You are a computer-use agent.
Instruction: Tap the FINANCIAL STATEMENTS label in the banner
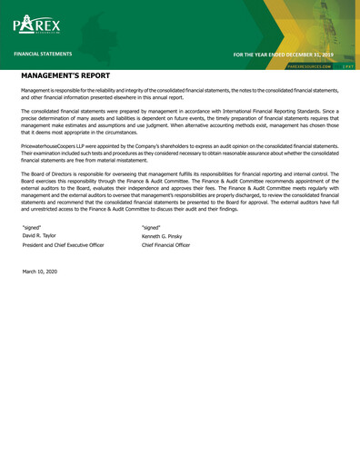tap(43, 54)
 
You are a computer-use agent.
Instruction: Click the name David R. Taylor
tap(41, 235)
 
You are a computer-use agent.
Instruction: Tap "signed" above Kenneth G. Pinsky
tap(151, 225)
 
